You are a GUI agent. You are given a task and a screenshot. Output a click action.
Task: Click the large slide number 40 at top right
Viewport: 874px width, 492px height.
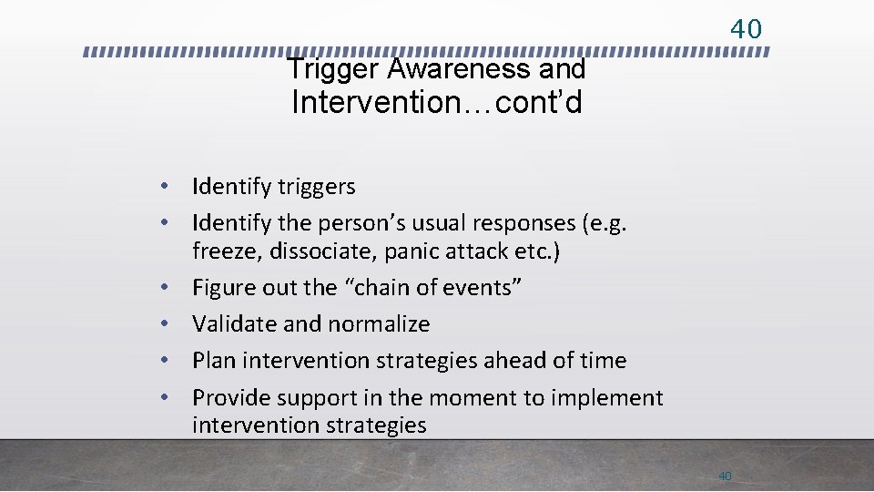click(x=746, y=29)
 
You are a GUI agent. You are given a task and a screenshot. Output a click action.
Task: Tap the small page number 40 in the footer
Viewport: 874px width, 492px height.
click(x=725, y=476)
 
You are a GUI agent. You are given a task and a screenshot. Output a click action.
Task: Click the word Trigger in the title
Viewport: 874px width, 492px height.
click(x=332, y=69)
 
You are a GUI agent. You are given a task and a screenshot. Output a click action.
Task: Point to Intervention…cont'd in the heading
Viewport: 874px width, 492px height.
click(x=436, y=103)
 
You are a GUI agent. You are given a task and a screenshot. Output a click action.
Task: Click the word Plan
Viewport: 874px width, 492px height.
click(x=214, y=361)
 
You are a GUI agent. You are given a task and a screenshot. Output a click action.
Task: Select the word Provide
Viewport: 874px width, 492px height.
click(x=233, y=398)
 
